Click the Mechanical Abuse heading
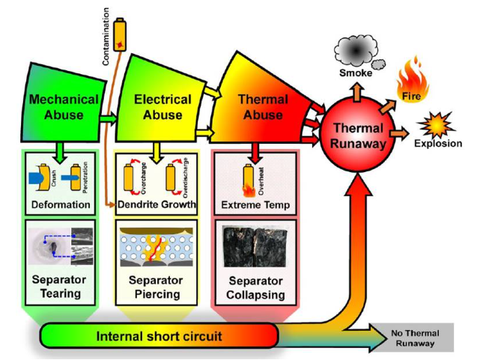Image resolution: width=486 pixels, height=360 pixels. (64, 107)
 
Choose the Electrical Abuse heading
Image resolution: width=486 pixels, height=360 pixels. (162, 107)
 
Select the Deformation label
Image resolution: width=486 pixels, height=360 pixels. (61, 204)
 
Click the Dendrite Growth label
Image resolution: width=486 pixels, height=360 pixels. (157, 204)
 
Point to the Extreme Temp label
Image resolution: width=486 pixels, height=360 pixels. (256, 204)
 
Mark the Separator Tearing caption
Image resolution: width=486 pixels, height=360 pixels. (61, 287)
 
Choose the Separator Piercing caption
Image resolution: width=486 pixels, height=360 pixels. (157, 287)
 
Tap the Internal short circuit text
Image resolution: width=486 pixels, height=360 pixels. (159, 336)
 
